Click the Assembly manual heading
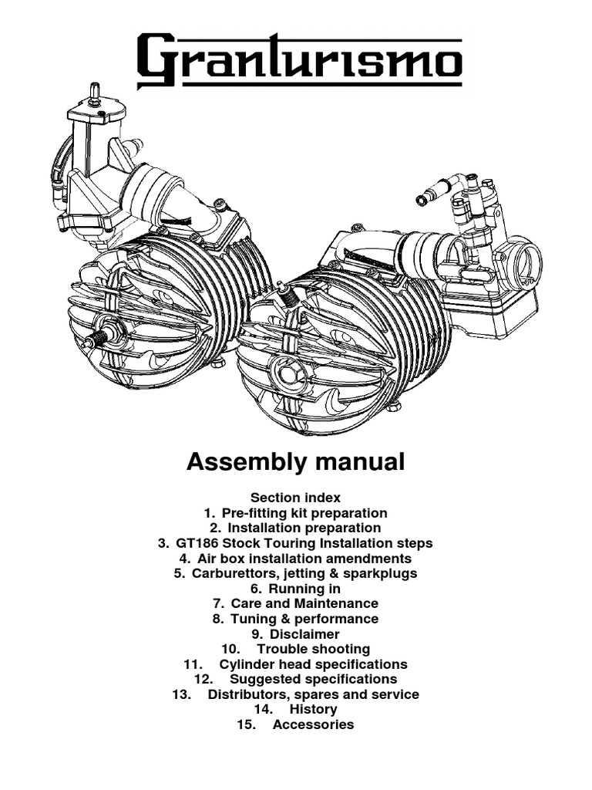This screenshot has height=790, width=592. tap(295, 462)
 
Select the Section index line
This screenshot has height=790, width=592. tap(295, 498)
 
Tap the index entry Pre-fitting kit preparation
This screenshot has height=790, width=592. tap(304, 513)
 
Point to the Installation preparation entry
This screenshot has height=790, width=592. tap(304, 528)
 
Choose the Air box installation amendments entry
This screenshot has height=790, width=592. tap(304, 559)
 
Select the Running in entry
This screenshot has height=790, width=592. tap(304, 589)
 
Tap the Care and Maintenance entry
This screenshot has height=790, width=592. tap(304, 603)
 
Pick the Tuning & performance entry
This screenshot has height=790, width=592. tap(304, 619)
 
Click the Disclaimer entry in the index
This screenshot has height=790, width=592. tap(304, 634)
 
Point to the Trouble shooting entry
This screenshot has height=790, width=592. tap(313, 649)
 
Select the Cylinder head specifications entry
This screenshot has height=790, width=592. tap(313, 664)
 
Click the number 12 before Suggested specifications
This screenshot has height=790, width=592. tap(203, 680)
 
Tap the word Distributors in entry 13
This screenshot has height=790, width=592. tap(248, 694)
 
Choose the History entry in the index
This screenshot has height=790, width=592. tap(313, 709)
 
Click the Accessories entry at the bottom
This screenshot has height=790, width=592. tap(313, 724)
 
